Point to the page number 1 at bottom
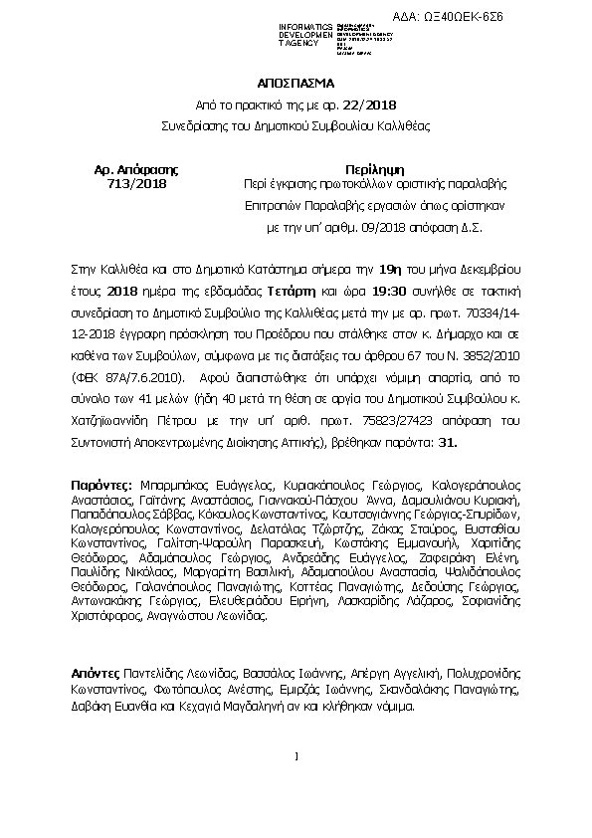pyautogui.click(x=296, y=758)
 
